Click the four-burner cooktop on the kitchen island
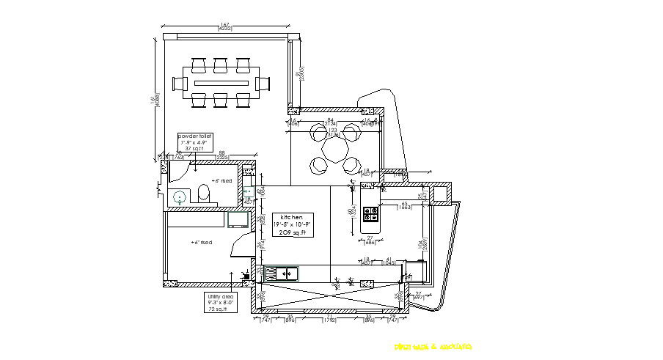371,215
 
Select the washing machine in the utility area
238,219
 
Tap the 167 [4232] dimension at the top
224,29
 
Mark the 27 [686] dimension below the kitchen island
370,240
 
